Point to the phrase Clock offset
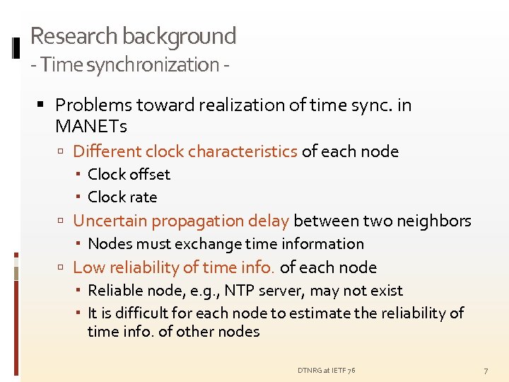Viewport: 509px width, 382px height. pos(129,174)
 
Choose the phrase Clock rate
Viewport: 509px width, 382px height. pos(122,197)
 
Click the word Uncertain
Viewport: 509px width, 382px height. pos(110,221)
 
